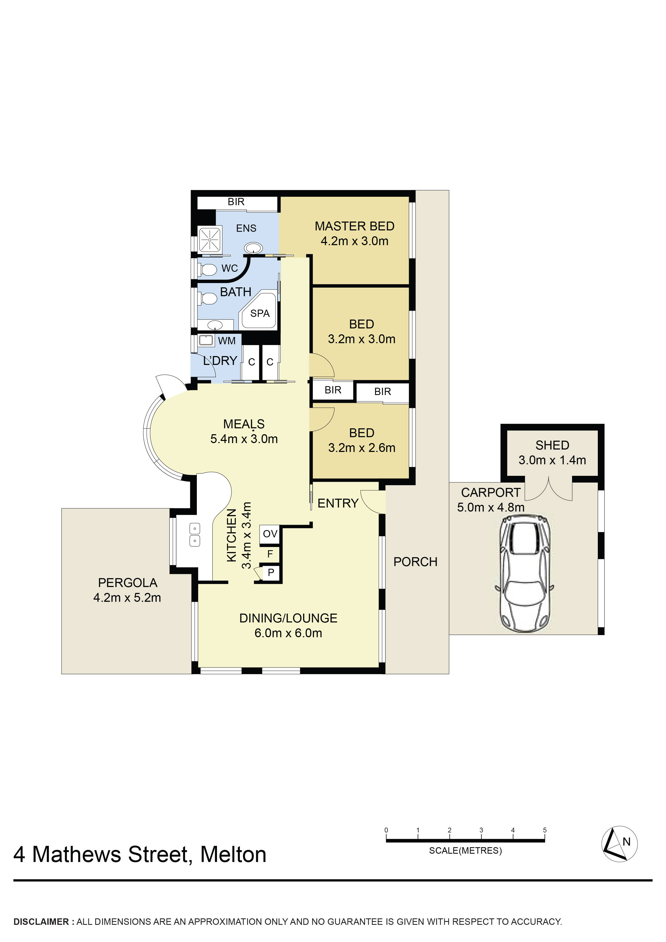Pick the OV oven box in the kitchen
[x=270, y=534]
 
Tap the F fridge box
[x=270, y=554]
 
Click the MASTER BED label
[x=354, y=226]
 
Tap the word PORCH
[x=415, y=562]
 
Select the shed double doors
[x=549, y=489]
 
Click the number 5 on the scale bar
[x=545, y=830]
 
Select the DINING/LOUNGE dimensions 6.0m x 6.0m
[x=288, y=633]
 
